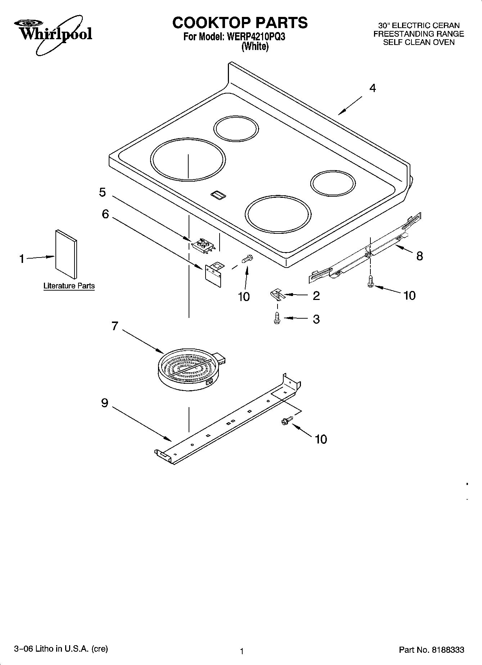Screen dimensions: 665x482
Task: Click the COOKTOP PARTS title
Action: pyautogui.click(x=240, y=23)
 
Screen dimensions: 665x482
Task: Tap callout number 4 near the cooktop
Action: pyautogui.click(x=373, y=88)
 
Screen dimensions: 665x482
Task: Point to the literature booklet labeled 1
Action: pyautogui.click(x=66, y=254)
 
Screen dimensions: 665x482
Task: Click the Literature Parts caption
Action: pyautogui.click(x=69, y=286)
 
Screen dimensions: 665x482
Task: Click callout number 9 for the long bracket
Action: pyautogui.click(x=104, y=403)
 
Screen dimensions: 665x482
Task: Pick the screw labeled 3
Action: pyautogui.click(x=277, y=318)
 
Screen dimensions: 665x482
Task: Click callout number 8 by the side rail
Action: pyautogui.click(x=419, y=256)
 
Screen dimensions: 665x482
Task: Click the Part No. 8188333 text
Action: pyautogui.click(x=431, y=650)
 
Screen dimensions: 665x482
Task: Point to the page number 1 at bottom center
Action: pyautogui.click(x=242, y=651)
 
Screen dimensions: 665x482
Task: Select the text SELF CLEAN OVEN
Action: pyautogui.click(x=418, y=42)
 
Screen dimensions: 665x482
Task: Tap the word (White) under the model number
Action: pyautogui.click(x=255, y=47)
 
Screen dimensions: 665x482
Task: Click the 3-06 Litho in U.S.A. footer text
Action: pyautogui.click(x=61, y=648)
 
